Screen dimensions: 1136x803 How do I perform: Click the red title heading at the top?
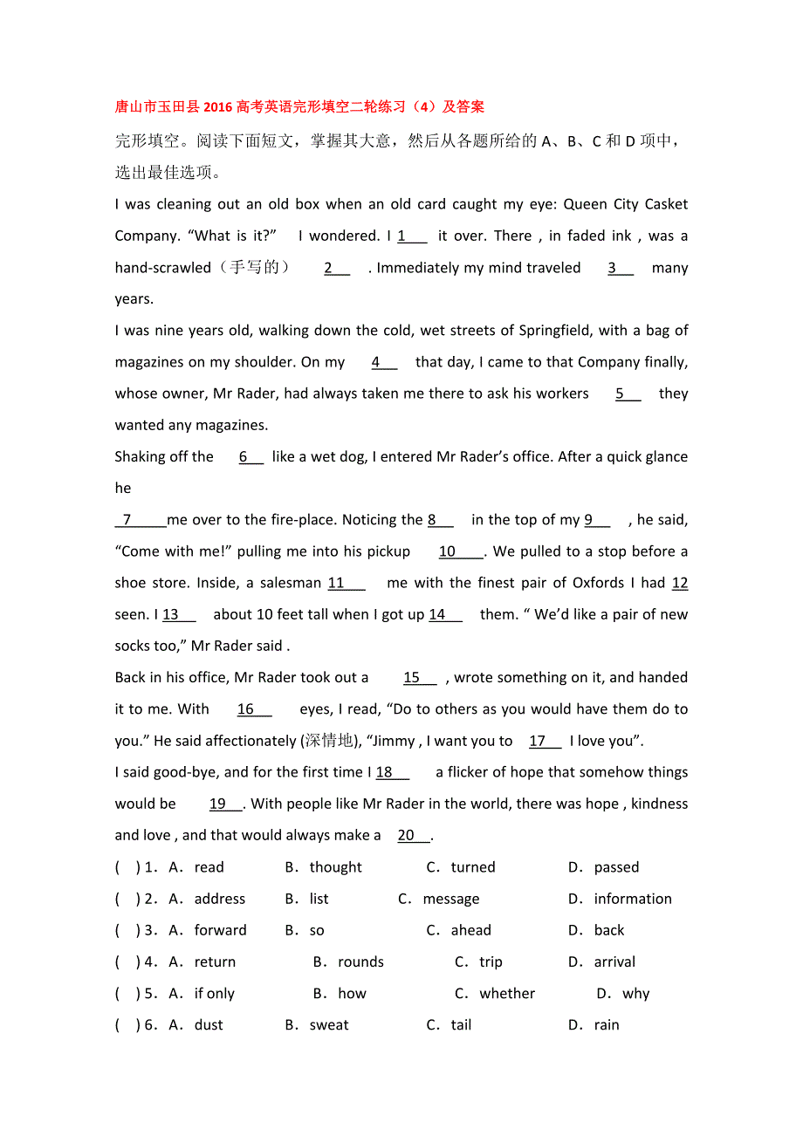pyautogui.click(x=299, y=107)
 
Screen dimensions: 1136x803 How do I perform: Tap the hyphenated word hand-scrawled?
pyautogui.click(x=162, y=268)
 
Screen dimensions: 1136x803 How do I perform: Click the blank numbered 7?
pyautogui.click(x=140, y=520)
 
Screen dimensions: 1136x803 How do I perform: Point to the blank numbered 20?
pyautogui.click(x=413, y=836)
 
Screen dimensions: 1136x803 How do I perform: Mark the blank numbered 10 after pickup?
pyautogui.click(x=460, y=551)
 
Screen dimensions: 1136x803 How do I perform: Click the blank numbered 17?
pyautogui.click(x=545, y=741)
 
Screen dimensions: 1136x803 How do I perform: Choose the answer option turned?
pyautogui.click(x=473, y=867)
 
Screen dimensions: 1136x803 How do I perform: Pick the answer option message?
pyautogui.click(x=450, y=899)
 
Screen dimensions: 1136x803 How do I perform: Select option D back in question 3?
pyautogui.click(x=608, y=930)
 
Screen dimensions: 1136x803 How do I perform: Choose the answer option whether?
pyautogui.click(x=507, y=994)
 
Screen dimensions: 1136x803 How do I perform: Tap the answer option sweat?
pyautogui.click(x=328, y=1025)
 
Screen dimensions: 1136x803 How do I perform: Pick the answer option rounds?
pyautogui.click(x=360, y=962)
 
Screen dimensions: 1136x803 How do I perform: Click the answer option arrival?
pyautogui.click(x=614, y=962)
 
